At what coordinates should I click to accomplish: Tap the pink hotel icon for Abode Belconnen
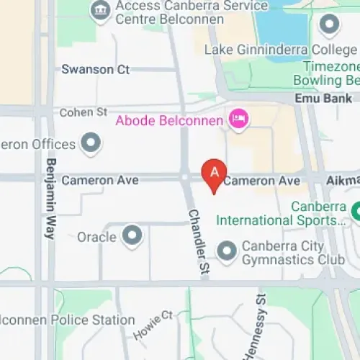(237, 119)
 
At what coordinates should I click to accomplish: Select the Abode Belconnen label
(169, 120)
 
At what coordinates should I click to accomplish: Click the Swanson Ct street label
(95, 70)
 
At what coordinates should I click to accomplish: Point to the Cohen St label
(83, 112)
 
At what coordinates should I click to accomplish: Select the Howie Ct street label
(153, 325)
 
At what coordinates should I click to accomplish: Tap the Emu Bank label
(323, 99)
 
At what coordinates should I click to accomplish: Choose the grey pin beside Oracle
(132, 235)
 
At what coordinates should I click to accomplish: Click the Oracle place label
(96, 237)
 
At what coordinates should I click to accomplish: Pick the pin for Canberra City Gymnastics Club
(227, 251)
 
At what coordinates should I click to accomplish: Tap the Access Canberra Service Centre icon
(99, 10)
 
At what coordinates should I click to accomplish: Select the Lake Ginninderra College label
(280, 50)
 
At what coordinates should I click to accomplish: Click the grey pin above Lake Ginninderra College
(330, 26)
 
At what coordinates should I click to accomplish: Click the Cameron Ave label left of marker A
(100, 180)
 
